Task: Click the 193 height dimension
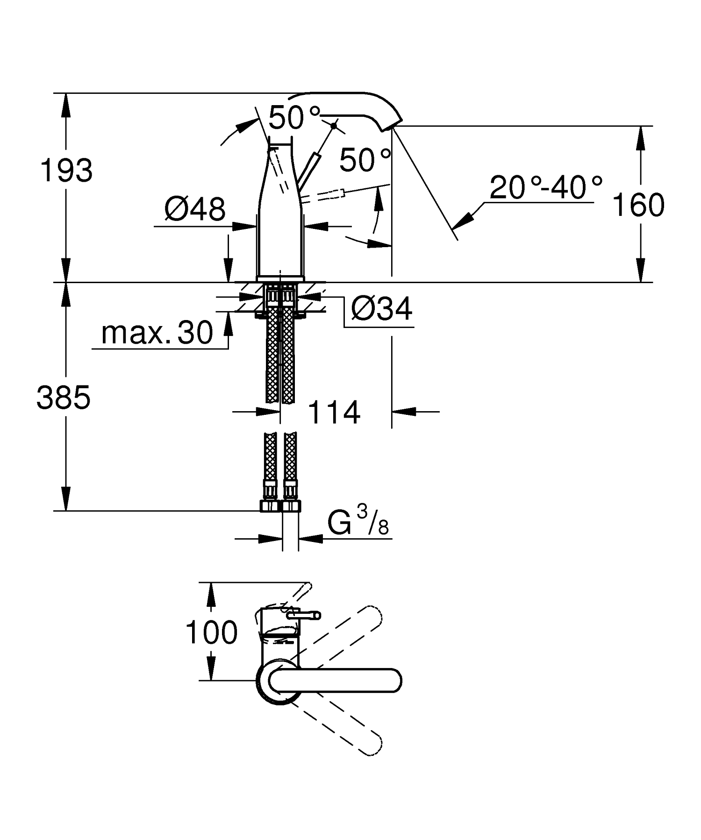point(66,171)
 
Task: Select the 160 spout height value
point(638,205)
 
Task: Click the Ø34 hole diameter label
point(382,309)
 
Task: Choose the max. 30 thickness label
point(157,333)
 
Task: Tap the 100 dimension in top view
point(211,633)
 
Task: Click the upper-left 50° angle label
point(294,117)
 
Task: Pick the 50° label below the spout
point(365,160)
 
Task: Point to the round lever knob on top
point(334,125)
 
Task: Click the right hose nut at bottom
point(292,506)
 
